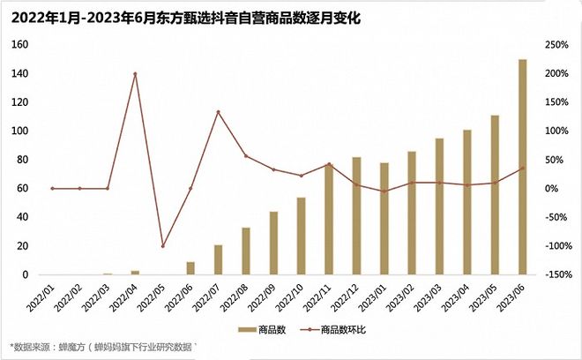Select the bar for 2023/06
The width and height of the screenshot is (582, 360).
pos(522,167)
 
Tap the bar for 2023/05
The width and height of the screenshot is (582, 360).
pos(495,195)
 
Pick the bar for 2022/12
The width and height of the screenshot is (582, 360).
pos(356,216)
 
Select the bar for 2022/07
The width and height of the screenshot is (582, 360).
pos(219,259)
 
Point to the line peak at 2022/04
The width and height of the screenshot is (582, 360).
pos(135,73)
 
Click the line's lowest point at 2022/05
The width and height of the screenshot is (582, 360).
pos(162,246)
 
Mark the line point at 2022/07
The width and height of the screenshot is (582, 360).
pos(218,112)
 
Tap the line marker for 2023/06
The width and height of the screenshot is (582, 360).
pos(522,168)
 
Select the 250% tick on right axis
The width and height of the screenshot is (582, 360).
pos(555,44)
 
